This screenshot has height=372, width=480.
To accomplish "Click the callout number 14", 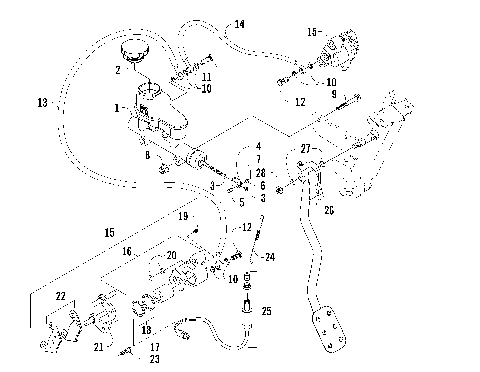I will [240, 23].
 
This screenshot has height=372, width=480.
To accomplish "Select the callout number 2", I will [118, 70].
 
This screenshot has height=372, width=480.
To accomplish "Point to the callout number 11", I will [207, 77].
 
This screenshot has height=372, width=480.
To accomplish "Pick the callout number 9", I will [334, 94].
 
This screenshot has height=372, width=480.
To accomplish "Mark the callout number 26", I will [328, 210].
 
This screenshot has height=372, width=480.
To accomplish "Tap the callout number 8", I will [147, 157].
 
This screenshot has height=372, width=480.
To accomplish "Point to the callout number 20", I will [171, 255].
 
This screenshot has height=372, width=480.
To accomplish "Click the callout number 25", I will [266, 312].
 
